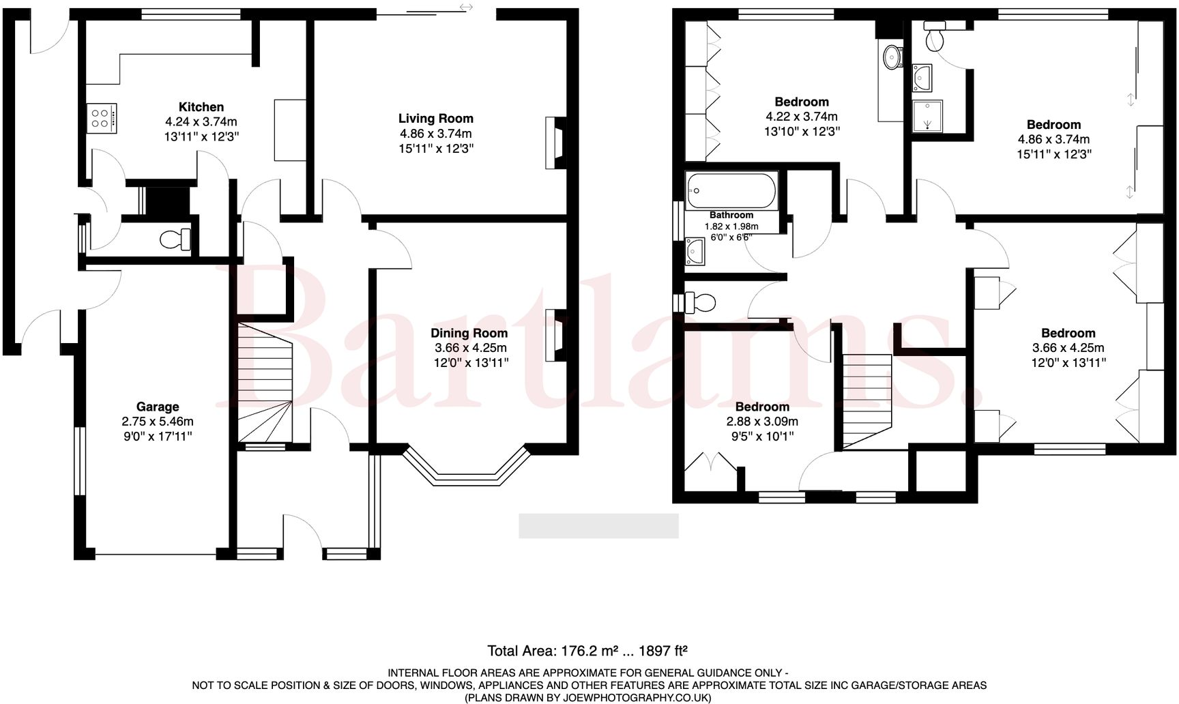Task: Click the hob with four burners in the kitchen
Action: click(x=101, y=118)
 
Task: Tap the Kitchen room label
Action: click(x=201, y=107)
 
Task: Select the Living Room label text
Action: click(x=435, y=119)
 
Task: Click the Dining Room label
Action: click(x=469, y=333)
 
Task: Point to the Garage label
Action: click(x=157, y=407)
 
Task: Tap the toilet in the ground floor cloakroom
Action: click(x=175, y=239)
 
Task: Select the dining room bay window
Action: click(x=467, y=470)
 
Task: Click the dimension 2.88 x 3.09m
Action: click(x=762, y=422)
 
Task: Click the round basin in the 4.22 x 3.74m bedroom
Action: click(x=891, y=57)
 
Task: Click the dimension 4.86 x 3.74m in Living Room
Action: click(x=435, y=134)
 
